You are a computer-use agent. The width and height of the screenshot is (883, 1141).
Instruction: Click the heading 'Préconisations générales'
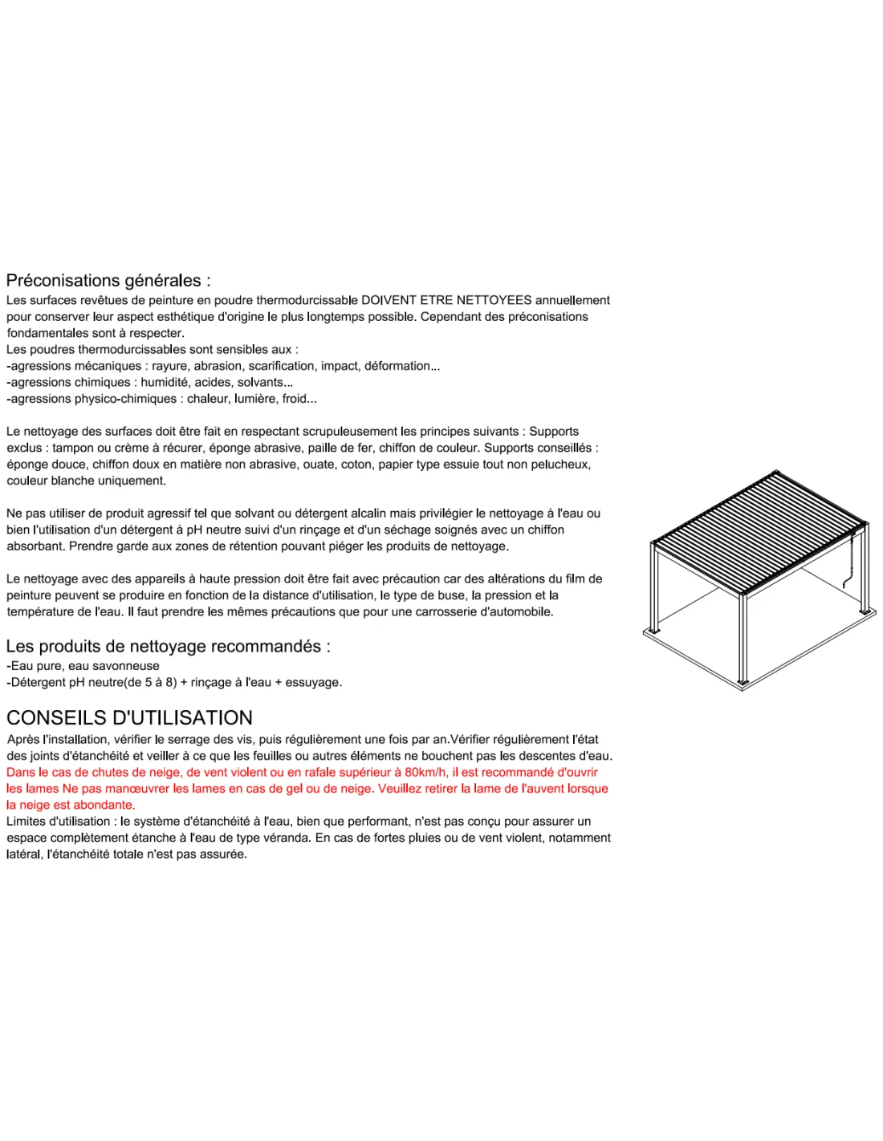(108, 281)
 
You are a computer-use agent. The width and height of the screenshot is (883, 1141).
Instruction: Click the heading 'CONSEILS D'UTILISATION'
(129, 717)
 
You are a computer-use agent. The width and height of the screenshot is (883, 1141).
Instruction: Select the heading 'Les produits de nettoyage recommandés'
(167, 646)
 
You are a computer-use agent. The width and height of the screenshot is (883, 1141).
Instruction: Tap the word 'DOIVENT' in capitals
(389, 300)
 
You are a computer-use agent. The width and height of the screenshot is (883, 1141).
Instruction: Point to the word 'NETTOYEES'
(494, 300)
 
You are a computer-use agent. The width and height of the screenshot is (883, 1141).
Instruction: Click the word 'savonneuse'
(127, 666)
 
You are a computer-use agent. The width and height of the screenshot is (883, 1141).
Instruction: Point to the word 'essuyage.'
(313, 683)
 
